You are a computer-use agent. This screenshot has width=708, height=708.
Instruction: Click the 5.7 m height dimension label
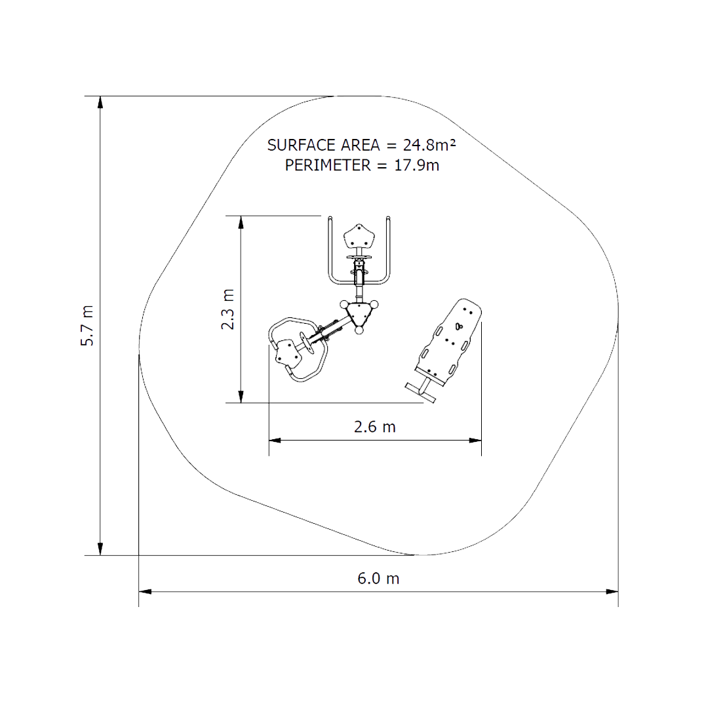pyautogui.click(x=87, y=326)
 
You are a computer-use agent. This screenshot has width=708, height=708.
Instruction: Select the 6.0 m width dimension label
pyautogui.click(x=378, y=578)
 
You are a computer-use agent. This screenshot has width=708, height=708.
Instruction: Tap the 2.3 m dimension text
pyautogui.click(x=227, y=309)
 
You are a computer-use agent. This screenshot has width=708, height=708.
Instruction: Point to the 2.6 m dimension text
pyautogui.click(x=375, y=427)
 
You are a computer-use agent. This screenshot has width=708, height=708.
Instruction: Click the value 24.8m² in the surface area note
pyautogui.click(x=429, y=145)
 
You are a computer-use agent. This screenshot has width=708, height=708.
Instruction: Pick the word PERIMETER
pyautogui.click(x=328, y=165)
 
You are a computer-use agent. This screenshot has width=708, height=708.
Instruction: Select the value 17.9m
pyautogui.click(x=417, y=165)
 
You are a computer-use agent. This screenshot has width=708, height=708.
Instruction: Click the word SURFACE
pyautogui.click(x=301, y=145)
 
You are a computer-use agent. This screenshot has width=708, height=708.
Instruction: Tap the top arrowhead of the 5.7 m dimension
pyautogui.click(x=100, y=102)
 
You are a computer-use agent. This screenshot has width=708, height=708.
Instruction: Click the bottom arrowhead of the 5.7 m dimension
pyautogui.click(x=100, y=549)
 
